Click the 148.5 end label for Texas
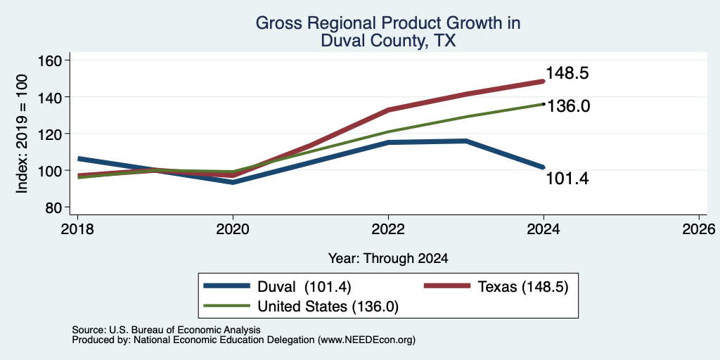pos(567,73)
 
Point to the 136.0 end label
pos(567,106)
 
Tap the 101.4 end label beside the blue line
pos(567,179)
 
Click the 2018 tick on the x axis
pos(77,229)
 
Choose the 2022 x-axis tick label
pos(388,229)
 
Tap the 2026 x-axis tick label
pos(699,229)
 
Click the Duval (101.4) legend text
pos(304,287)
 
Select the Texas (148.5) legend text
pos(523,287)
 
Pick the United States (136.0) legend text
pos(328,307)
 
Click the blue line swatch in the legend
pos(227,286)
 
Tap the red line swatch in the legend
pos(446,286)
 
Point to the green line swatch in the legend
pos(227,305)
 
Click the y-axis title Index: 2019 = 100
pos(22,134)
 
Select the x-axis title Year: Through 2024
pos(388,259)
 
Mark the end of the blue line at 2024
pos(544,167)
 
